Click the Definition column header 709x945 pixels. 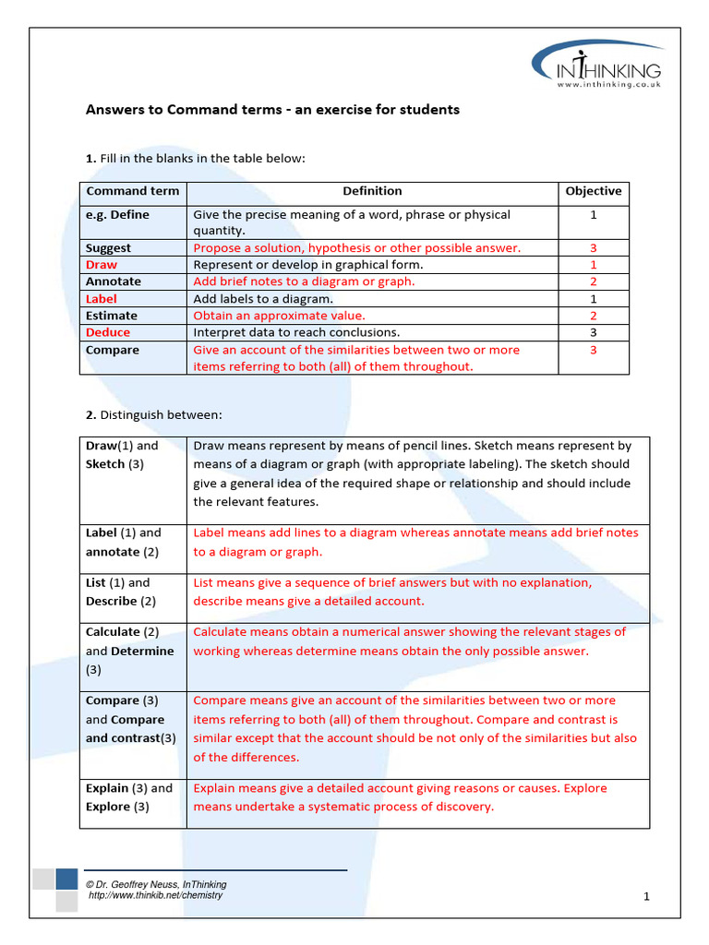click(372, 192)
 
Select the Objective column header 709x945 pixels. click(593, 192)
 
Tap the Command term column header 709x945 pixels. click(126, 192)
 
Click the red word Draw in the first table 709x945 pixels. click(102, 265)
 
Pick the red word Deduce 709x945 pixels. click(108, 333)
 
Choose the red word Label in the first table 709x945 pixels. click(102, 299)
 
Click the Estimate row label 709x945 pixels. click(112, 316)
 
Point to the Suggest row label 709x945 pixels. click(108, 248)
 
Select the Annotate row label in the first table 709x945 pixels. click(114, 281)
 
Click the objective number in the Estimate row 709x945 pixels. click(594, 316)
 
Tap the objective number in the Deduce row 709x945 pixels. click(594, 333)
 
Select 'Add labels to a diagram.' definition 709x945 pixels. click(263, 299)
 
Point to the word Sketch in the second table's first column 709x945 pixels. click(105, 464)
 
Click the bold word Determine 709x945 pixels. click(142, 652)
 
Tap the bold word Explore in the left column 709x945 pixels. click(108, 807)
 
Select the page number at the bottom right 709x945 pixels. click(647, 896)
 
